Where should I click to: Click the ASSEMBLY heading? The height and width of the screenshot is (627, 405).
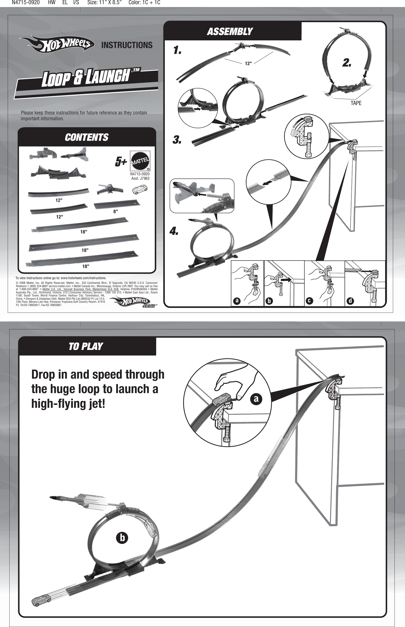point(230,32)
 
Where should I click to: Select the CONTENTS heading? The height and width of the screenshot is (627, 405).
point(87,137)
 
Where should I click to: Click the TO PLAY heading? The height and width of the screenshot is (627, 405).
point(85,346)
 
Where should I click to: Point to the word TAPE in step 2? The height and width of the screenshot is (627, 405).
point(356,103)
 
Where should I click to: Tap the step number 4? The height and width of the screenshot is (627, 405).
point(174,231)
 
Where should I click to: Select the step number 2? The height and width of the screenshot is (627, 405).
point(347,63)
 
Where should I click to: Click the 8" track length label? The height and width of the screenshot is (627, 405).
point(116,211)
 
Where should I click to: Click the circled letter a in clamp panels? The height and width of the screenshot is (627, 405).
point(237,301)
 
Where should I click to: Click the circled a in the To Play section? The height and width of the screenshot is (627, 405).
point(256,399)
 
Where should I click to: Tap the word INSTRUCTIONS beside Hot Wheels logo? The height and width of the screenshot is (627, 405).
point(127,45)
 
